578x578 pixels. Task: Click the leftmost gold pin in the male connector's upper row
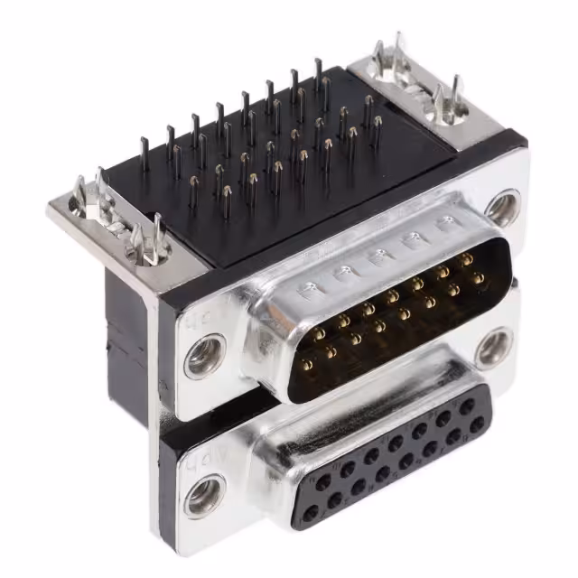click(319, 333)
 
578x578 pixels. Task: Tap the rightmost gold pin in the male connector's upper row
click(467, 259)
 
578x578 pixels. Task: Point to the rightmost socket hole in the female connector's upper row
click(467, 406)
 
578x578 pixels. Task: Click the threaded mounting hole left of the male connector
click(204, 356)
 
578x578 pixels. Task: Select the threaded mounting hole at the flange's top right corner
click(502, 207)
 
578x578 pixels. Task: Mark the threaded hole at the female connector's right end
click(493, 348)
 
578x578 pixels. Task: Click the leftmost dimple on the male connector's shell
click(309, 290)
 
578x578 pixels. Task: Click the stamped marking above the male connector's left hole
click(196, 321)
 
